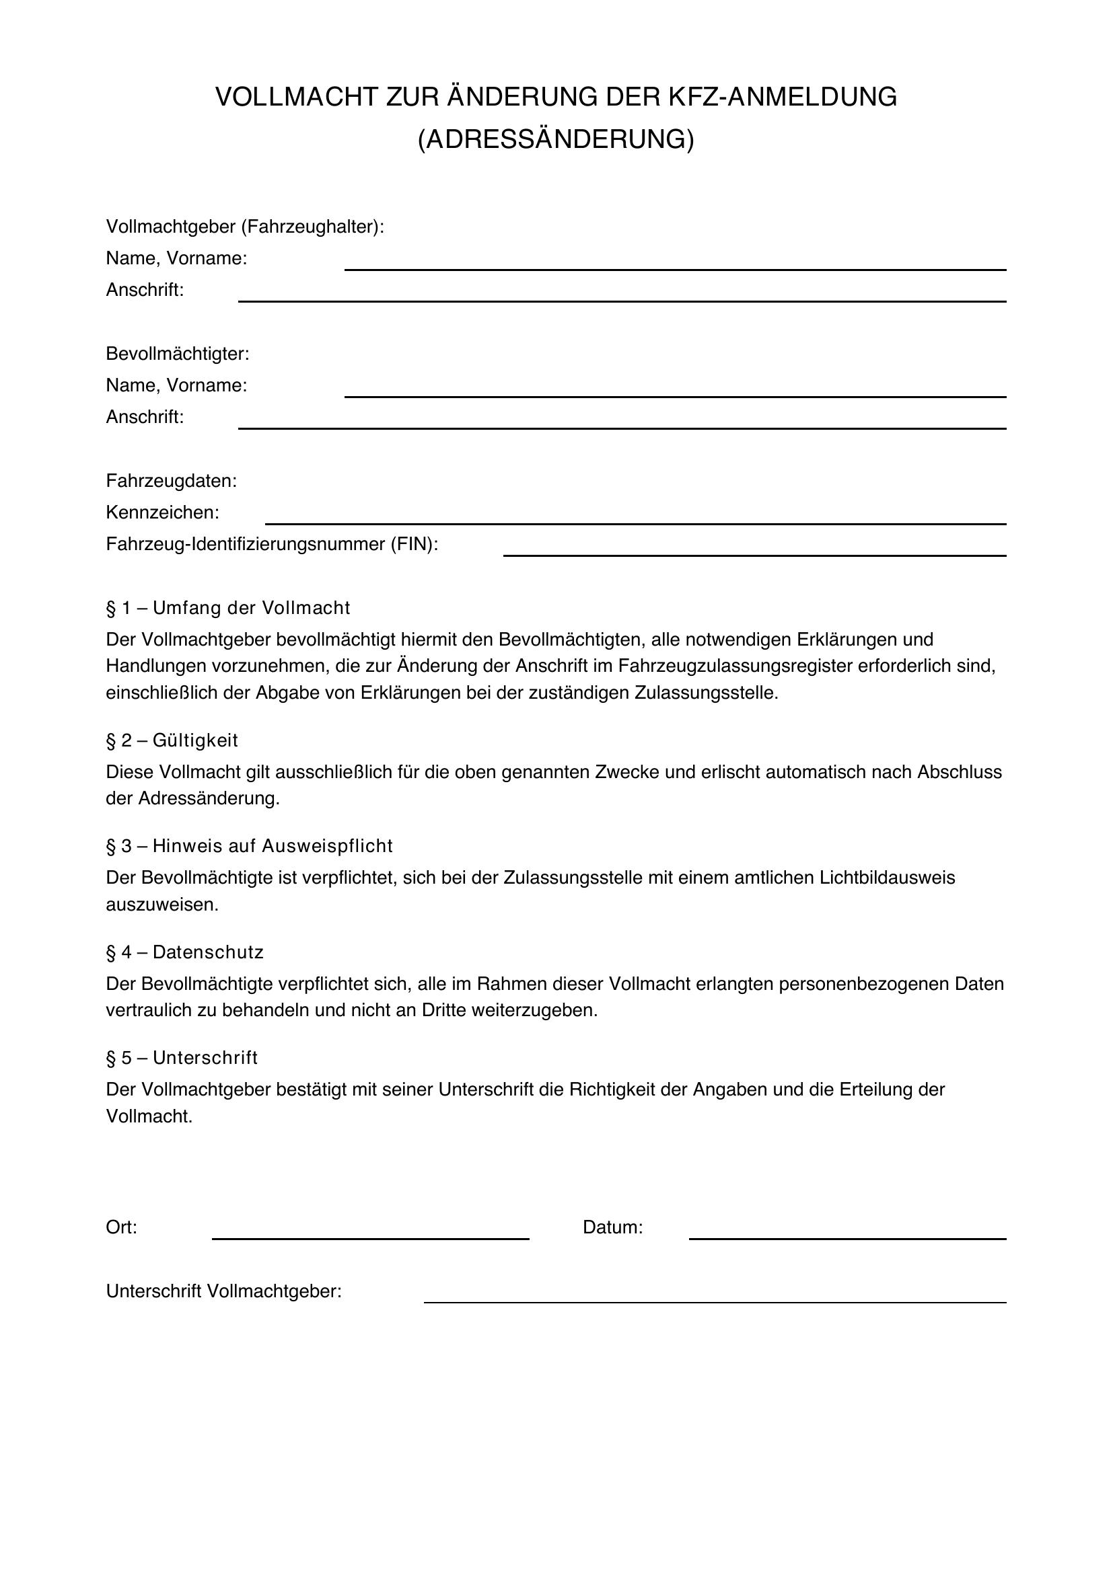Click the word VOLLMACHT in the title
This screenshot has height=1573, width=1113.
(x=297, y=98)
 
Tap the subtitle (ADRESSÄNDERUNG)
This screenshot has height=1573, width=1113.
(x=556, y=139)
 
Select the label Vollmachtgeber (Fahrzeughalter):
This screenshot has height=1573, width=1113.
(x=245, y=227)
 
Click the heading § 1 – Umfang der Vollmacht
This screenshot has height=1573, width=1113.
(x=227, y=608)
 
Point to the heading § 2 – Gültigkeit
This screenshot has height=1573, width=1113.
(x=172, y=740)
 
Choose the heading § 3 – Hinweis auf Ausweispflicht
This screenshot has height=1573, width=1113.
(x=249, y=846)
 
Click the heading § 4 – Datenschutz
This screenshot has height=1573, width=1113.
(x=184, y=952)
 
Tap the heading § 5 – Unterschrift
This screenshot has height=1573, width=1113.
(x=182, y=1058)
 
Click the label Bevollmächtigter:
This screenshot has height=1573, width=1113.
(x=178, y=354)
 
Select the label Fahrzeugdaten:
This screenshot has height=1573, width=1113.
(x=172, y=481)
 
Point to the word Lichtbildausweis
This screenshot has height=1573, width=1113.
(x=887, y=878)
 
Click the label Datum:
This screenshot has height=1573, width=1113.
(x=612, y=1227)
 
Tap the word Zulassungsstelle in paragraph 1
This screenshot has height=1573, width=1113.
(x=706, y=693)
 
